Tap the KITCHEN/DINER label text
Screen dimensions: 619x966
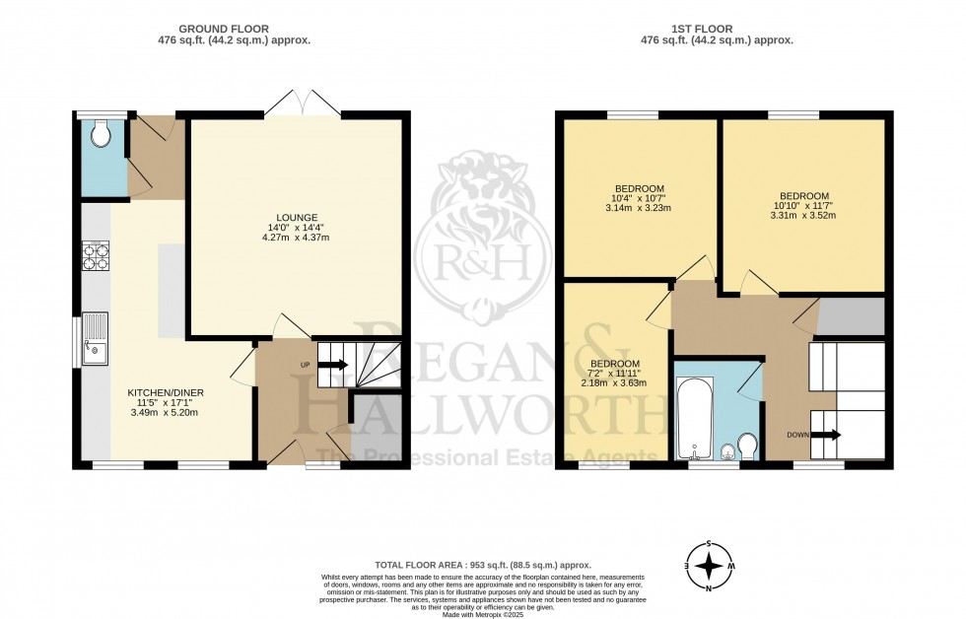point(165,392)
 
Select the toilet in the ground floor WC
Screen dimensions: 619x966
point(100,134)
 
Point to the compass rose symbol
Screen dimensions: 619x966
point(709,566)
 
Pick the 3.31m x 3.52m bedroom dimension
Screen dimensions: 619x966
point(803,217)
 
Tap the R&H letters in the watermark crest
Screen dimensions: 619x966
point(482,262)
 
